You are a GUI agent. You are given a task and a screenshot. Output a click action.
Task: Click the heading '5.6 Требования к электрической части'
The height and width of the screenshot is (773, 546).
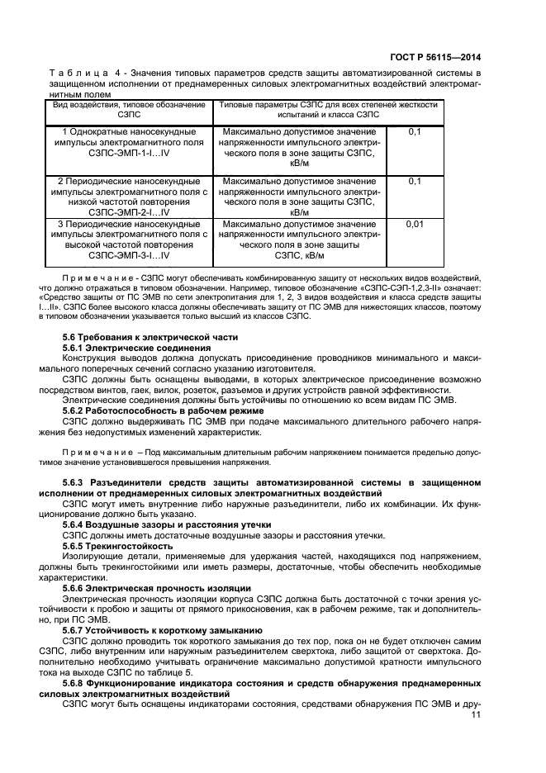150,337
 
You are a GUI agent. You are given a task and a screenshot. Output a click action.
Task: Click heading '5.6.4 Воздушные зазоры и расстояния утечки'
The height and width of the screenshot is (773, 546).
167,524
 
